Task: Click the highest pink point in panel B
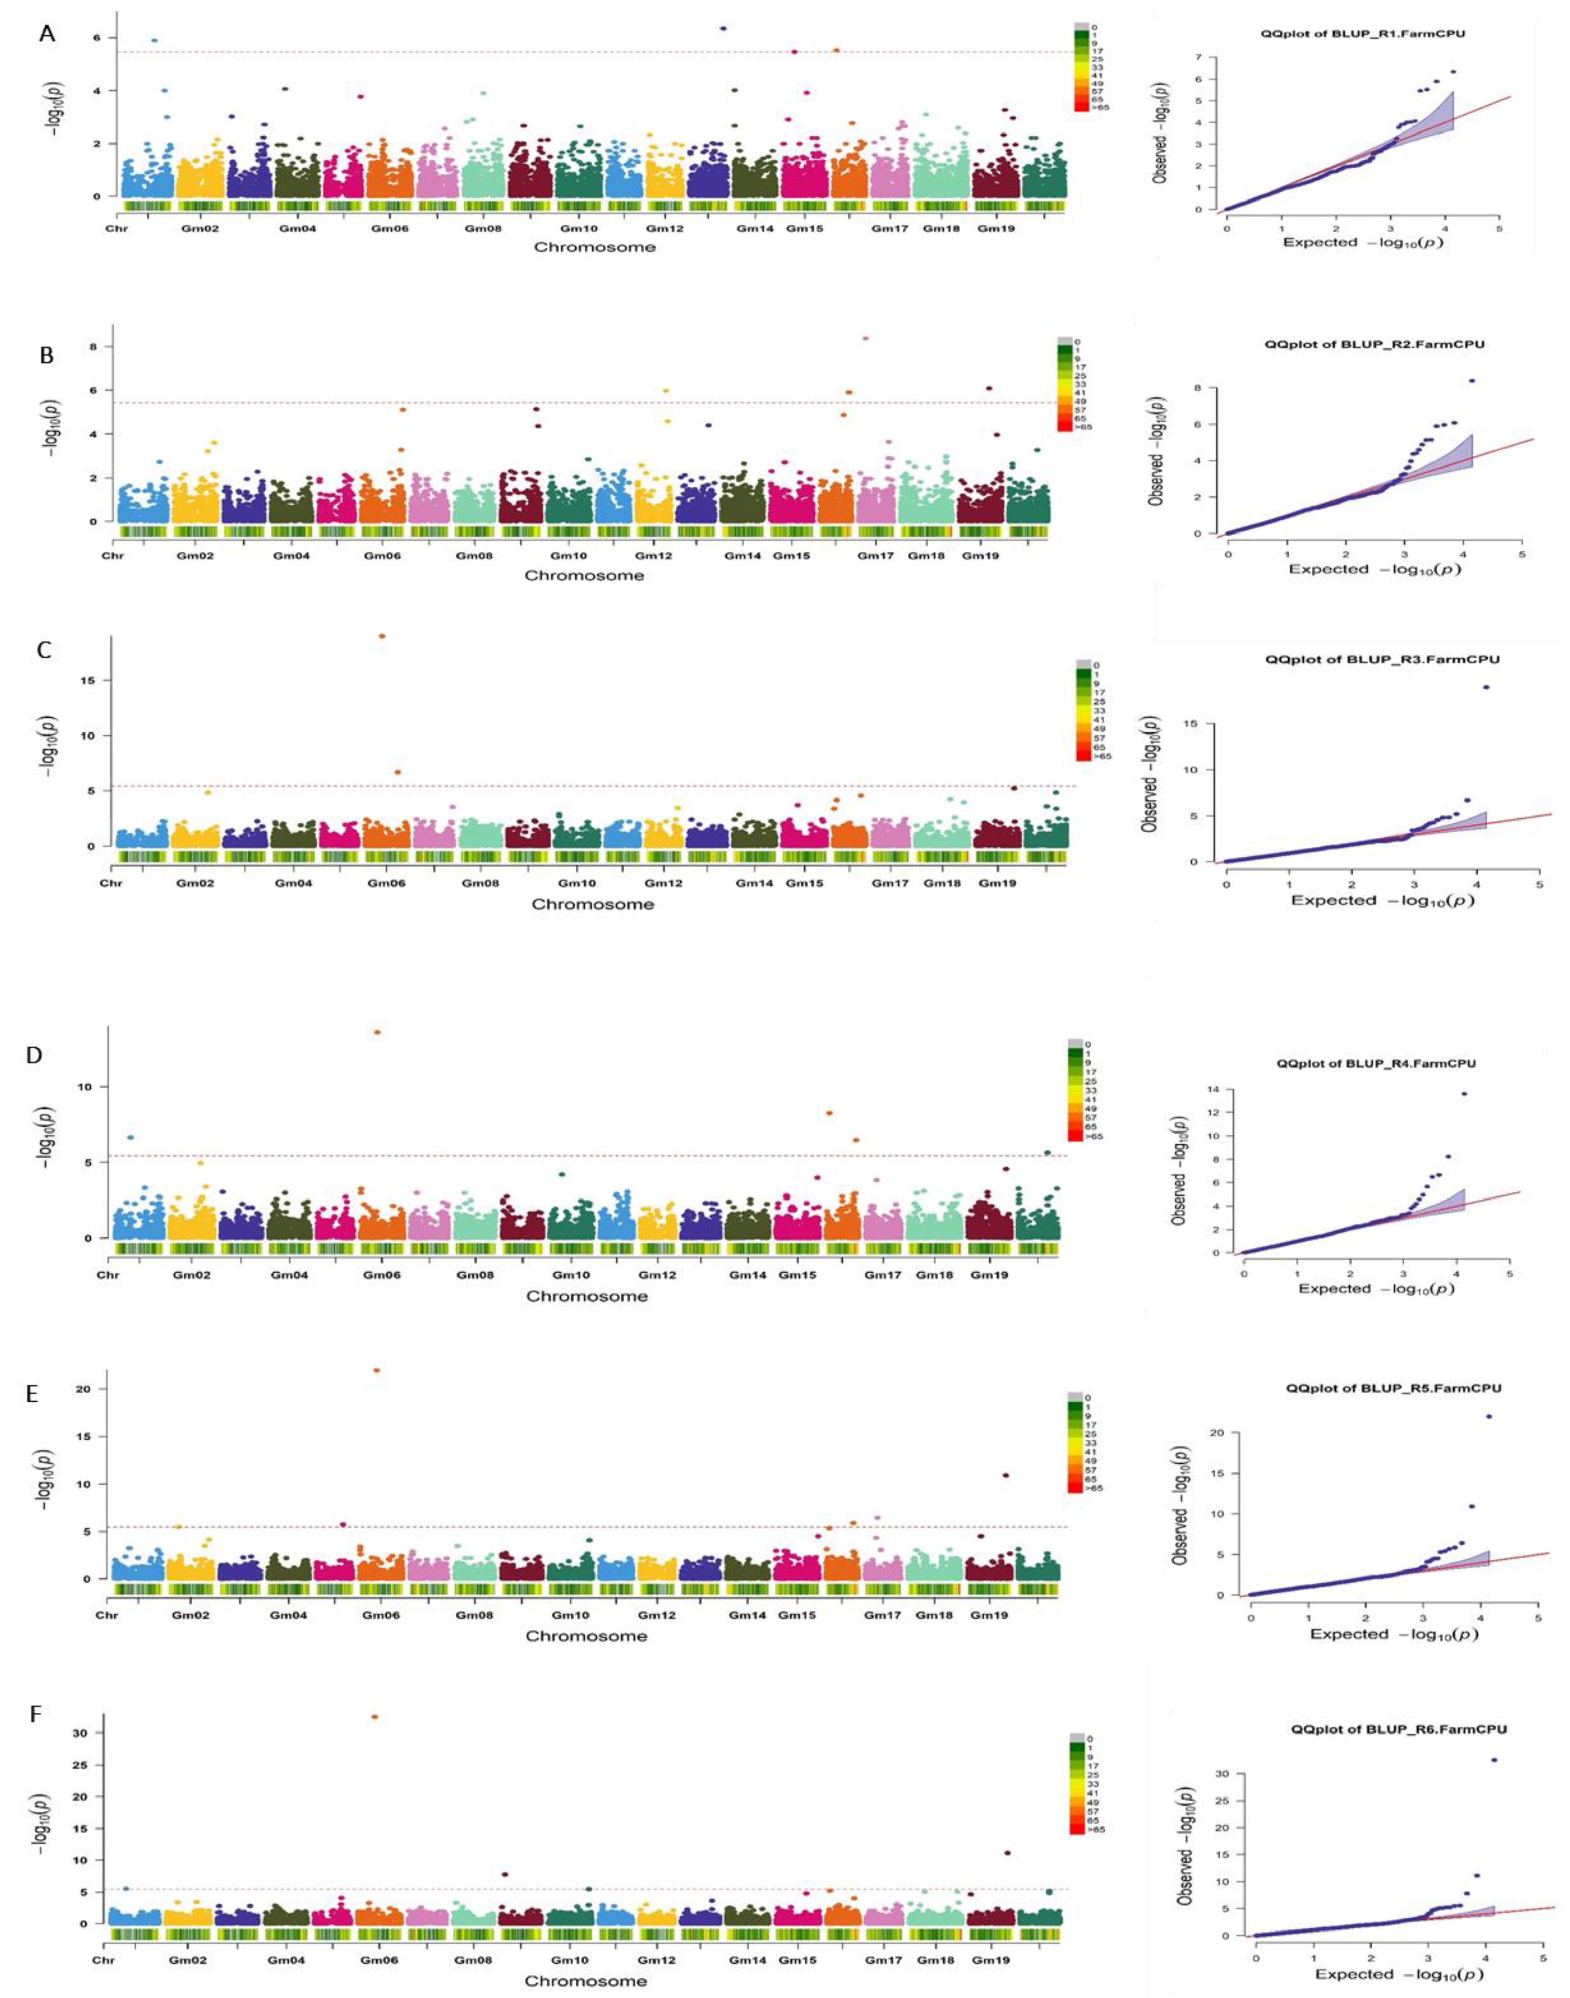pyautogui.click(x=865, y=338)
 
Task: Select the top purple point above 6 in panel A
pyautogui.click(x=724, y=29)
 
